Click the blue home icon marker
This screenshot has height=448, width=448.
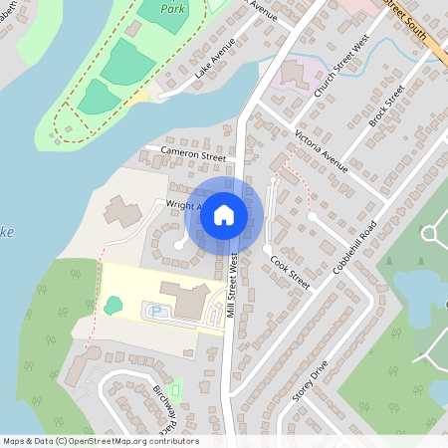(x=224, y=214)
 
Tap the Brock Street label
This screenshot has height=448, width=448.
(x=385, y=104)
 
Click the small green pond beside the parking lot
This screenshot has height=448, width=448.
(x=112, y=305)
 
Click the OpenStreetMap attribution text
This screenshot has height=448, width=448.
(x=101, y=441)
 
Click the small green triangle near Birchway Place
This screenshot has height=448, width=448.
(x=176, y=387)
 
